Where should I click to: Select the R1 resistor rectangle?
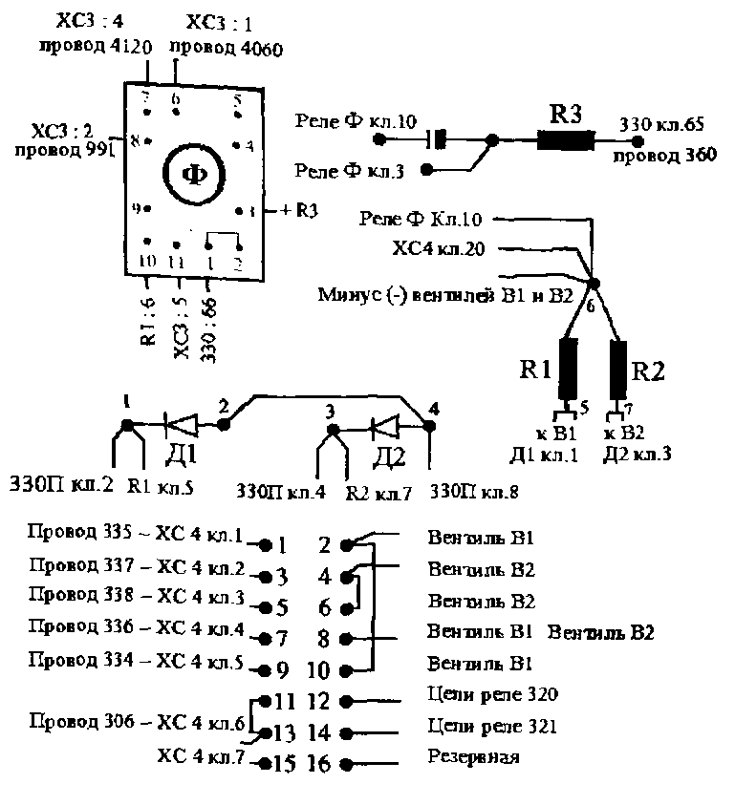pyautogui.click(x=568, y=369)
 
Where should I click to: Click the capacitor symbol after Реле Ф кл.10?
pyautogui.click(x=438, y=140)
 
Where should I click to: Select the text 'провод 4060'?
pyautogui.click(x=226, y=48)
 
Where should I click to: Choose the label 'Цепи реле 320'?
pyautogui.click(x=492, y=694)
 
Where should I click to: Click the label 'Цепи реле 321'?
pyautogui.click(x=492, y=727)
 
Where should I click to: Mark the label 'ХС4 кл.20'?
pyautogui.click(x=439, y=249)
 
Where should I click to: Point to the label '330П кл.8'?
pyautogui.click(x=474, y=493)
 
